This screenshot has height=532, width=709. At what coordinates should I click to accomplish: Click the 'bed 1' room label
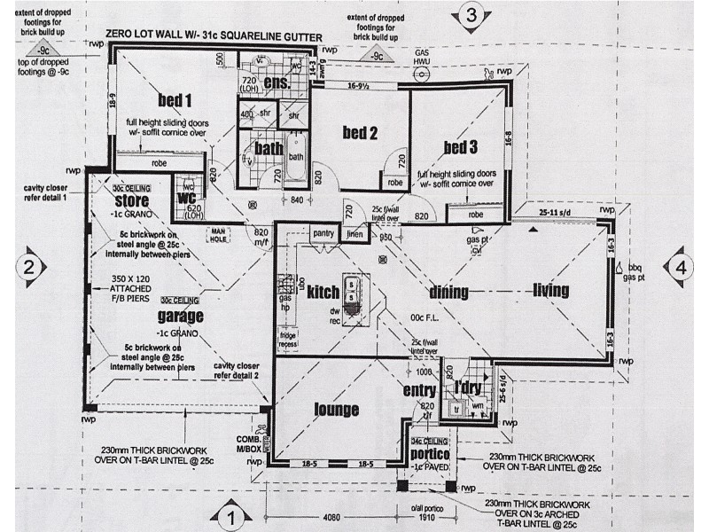[175, 98]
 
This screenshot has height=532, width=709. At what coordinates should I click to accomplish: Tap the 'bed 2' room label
[361, 134]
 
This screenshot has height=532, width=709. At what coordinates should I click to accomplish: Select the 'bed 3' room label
[461, 147]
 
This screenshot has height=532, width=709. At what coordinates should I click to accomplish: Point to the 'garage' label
[181, 316]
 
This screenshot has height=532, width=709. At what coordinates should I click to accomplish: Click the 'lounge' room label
[337, 409]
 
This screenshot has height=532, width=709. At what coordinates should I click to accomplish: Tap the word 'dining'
[448, 292]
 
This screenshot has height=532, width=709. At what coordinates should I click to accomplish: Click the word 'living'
[550, 291]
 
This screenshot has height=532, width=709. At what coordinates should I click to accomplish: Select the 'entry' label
[418, 391]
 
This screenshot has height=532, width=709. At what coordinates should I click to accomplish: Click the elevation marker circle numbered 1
[230, 515]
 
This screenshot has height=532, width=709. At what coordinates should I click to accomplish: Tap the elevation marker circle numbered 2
[29, 266]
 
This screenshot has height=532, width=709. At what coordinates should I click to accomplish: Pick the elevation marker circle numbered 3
[471, 14]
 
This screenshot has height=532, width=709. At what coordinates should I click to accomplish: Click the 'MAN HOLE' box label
[219, 234]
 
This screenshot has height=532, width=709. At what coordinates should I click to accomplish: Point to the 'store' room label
[130, 199]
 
